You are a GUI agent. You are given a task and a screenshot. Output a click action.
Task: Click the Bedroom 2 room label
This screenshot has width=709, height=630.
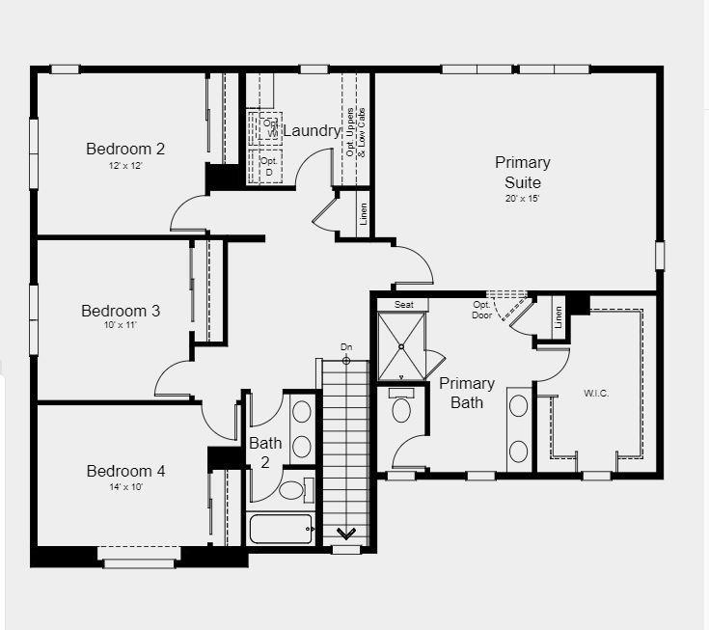click(125, 149)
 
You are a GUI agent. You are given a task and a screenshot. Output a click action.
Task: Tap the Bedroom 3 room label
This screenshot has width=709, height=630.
click(121, 311)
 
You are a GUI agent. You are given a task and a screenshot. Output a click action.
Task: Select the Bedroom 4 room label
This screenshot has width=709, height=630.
click(125, 471)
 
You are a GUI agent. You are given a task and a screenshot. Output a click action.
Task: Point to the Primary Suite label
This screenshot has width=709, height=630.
click(523, 172)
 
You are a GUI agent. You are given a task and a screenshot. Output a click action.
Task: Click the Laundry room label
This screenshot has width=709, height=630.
click(311, 130)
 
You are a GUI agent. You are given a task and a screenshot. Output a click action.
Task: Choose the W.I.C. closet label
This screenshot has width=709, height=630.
click(597, 393)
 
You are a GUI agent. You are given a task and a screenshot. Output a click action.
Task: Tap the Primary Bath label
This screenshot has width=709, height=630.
click(467, 392)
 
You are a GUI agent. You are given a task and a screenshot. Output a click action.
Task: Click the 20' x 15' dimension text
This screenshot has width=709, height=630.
click(523, 199)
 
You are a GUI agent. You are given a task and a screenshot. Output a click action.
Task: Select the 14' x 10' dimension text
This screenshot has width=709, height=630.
click(125, 487)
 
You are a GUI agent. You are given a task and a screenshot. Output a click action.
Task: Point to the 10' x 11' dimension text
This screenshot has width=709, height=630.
click(121, 327)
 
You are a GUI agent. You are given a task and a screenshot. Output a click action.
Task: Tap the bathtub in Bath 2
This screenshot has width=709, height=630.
click(281, 529)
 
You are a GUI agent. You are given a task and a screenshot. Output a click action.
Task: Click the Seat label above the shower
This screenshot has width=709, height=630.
click(403, 305)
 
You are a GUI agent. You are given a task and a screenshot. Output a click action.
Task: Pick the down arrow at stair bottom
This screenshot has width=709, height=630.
click(345, 532)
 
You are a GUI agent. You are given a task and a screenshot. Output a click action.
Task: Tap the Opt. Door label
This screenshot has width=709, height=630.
click(482, 310)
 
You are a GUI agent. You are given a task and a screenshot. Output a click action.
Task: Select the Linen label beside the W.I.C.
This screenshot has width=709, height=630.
click(559, 315)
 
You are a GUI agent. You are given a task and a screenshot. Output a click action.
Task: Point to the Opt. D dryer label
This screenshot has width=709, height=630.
click(268, 166)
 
